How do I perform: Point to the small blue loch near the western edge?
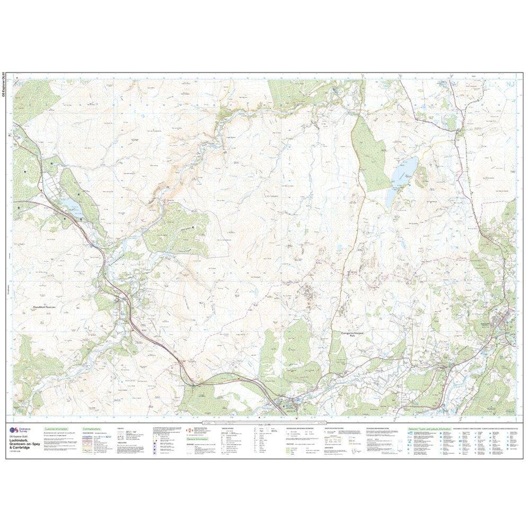[70, 204]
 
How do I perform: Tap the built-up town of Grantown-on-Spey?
[500, 320]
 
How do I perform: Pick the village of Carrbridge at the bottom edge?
[290, 405]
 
